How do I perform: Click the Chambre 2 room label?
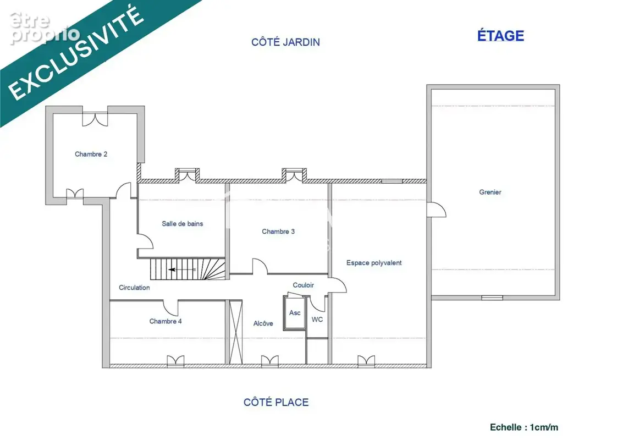(91, 154)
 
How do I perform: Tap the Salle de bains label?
(183, 224)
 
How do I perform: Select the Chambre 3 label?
(278, 232)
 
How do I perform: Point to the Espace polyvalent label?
(374, 263)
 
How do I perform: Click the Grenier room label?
(490, 192)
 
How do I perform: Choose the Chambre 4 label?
(166, 321)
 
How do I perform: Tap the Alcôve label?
(263, 323)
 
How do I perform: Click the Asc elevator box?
(294, 313)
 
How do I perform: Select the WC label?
(317, 320)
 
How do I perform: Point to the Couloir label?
(303, 285)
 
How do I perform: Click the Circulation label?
(134, 287)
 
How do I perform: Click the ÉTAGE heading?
(500, 36)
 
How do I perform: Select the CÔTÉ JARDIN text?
(285, 42)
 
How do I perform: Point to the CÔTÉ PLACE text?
(276, 402)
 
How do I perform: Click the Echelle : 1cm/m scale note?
(523, 427)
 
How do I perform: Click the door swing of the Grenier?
(437, 210)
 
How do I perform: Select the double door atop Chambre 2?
(95, 119)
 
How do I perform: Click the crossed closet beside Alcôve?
(235, 332)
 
